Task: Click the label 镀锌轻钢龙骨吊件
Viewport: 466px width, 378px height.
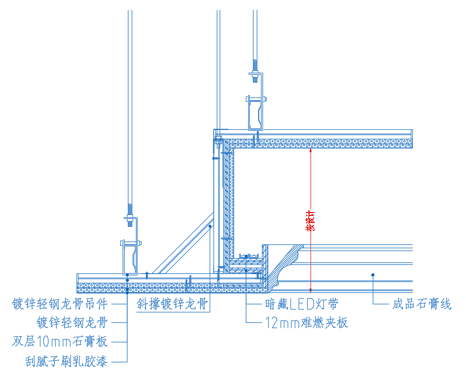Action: coord(60,303)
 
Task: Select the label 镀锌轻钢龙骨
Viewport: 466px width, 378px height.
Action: coord(72,322)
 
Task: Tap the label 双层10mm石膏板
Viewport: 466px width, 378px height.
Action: coord(60,341)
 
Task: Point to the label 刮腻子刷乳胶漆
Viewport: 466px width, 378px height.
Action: coord(67,362)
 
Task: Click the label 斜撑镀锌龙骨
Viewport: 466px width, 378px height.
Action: coord(173,303)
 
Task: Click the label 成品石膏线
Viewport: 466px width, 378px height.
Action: coord(421,303)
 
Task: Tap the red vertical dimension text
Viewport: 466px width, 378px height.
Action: coord(311,220)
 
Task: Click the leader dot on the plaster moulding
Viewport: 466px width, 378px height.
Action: coord(373,274)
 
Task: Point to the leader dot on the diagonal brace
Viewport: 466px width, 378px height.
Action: coord(210,227)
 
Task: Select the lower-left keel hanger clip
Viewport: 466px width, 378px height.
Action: coord(130,257)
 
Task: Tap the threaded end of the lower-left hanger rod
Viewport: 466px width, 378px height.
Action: coord(129,209)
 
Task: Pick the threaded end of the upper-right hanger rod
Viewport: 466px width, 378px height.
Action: coord(255,64)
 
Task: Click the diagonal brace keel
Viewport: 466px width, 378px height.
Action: coord(185,245)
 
